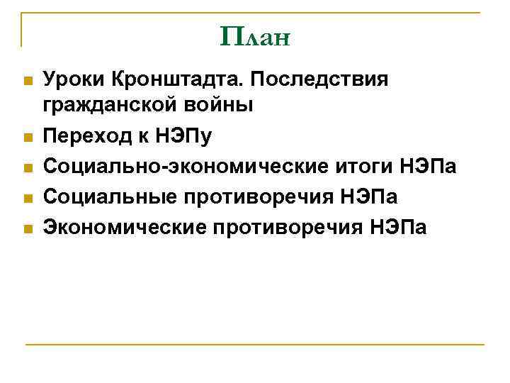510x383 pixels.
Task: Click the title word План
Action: [x=255, y=35]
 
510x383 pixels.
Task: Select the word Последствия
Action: [x=318, y=79]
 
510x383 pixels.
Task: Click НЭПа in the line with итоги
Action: [x=429, y=167]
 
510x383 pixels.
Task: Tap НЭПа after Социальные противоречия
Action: [x=369, y=197]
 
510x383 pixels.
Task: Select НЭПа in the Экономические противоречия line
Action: [x=399, y=227]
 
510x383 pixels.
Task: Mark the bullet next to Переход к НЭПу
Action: [x=28, y=138]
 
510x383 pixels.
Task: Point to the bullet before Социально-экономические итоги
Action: [x=28, y=168]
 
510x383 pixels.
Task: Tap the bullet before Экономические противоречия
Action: [x=28, y=228]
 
